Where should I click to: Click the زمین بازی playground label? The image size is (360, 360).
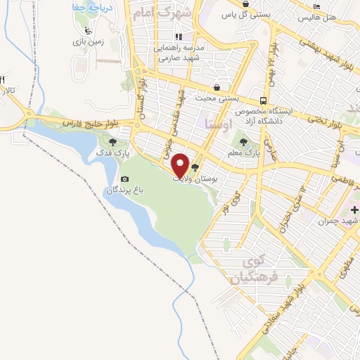(90, 41)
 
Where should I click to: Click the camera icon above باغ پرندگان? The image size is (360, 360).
(125, 179)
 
